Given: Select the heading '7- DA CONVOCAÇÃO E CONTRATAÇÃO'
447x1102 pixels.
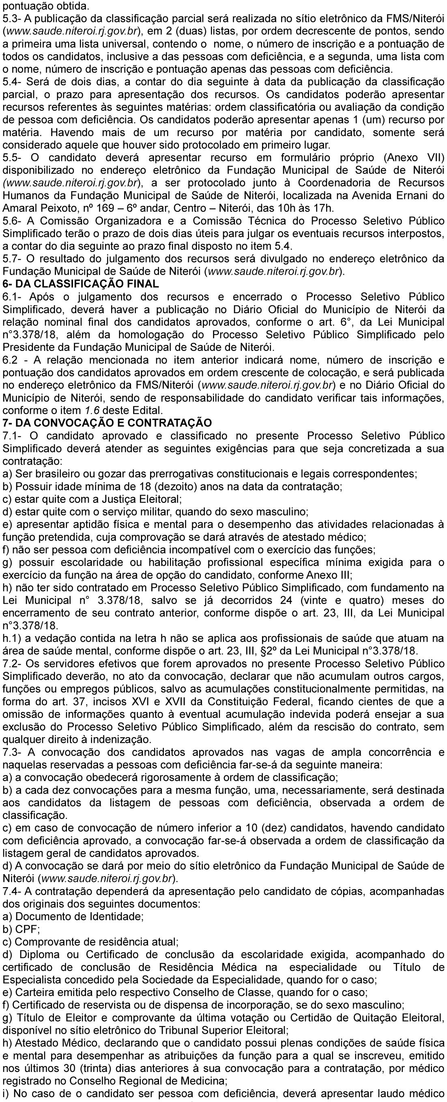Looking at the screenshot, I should tap(107, 423).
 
